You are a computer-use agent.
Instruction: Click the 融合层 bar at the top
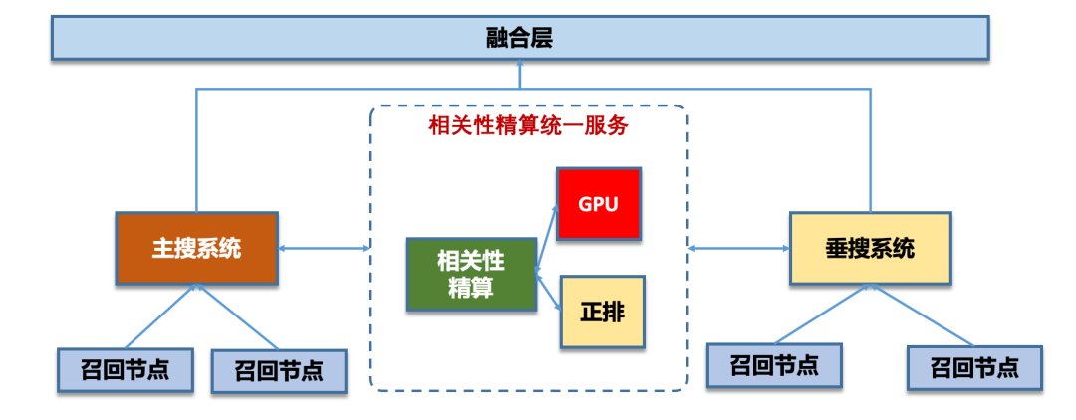[519, 39]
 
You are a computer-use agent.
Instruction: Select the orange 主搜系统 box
[196, 249]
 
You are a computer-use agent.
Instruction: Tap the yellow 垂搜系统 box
[870, 249]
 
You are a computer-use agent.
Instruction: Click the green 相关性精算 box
[471, 274]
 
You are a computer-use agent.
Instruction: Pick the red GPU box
[598, 205]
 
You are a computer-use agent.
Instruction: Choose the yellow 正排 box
[602, 312]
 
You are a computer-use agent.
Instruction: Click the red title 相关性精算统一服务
[528, 126]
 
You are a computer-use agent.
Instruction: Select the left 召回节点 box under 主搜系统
[125, 369]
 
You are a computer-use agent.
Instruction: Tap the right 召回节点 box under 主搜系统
[279, 371]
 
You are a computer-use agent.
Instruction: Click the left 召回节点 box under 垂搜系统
[774, 365]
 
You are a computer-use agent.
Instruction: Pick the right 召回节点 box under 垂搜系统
[974, 367]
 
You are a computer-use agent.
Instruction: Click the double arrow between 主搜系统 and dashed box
[324, 248]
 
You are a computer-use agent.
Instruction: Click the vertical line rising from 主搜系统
[196, 149]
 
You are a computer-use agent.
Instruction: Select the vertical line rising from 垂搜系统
[871, 149]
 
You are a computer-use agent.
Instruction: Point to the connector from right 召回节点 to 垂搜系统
[922, 315]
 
